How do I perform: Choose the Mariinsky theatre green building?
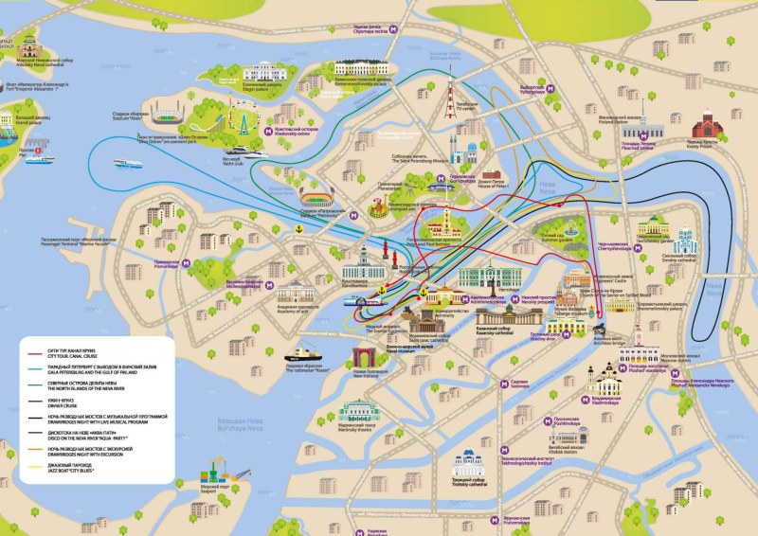click(361, 413)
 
